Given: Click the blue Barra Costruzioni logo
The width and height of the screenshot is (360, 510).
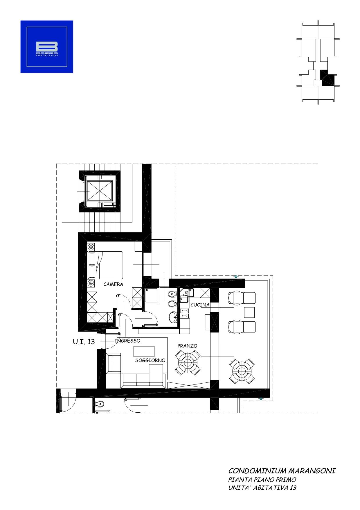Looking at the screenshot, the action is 47,47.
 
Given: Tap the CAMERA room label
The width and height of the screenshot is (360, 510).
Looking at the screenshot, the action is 113,284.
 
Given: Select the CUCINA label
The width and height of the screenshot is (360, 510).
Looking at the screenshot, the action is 200,305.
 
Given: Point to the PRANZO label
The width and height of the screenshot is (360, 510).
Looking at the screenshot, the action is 187,346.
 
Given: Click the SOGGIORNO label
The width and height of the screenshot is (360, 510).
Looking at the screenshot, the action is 150,360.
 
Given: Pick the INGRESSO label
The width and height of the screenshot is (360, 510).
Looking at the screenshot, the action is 127,341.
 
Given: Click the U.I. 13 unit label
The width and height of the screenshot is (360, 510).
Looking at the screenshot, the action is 84,342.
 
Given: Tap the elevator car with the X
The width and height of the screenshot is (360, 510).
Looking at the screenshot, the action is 100,191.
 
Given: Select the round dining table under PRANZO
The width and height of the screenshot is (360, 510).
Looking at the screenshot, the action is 188,362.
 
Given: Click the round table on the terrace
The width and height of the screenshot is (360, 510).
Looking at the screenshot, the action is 242,371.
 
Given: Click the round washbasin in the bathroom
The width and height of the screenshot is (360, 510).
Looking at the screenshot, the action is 174,317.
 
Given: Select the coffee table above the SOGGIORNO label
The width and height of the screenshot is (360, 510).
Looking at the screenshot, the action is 144,351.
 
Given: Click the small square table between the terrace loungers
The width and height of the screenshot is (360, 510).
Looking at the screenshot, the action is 249,312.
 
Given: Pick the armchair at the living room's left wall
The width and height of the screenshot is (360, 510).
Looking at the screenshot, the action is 114,363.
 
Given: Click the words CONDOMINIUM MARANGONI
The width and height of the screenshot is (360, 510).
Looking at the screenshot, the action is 282,471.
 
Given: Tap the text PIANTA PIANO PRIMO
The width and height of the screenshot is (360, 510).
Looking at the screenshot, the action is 262,480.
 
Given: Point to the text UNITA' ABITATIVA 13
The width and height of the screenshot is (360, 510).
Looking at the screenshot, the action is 262,488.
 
